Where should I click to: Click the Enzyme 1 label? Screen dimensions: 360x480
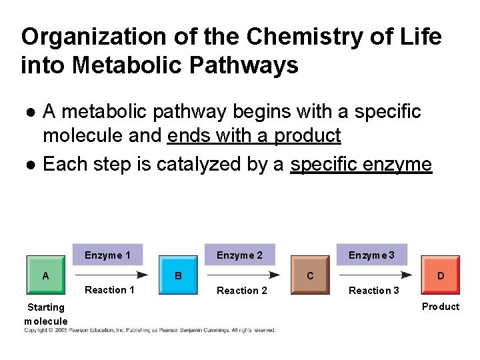pyautogui.click(x=107, y=255)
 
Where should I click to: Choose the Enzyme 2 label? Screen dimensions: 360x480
pyautogui.click(x=239, y=255)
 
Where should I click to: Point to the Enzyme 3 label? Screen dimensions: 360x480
pyautogui.click(x=371, y=255)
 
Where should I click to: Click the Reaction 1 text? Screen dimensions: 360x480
pyautogui.click(x=109, y=290)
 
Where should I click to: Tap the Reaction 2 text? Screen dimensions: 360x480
pyautogui.click(x=242, y=291)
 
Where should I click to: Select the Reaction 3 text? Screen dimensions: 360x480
pyautogui.click(x=374, y=291)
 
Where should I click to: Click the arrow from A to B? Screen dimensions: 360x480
pyautogui.click(x=110, y=274)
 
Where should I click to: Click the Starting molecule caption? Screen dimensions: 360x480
pyautogui.click(x=45, y=314)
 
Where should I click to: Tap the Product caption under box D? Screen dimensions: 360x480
pyautogui.click(x=441, y=307)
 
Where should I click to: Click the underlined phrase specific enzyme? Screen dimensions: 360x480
pyautogui.click(x=361, y=163)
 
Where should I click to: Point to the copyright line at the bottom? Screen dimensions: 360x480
pyautogui.click(x=150, y=330)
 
